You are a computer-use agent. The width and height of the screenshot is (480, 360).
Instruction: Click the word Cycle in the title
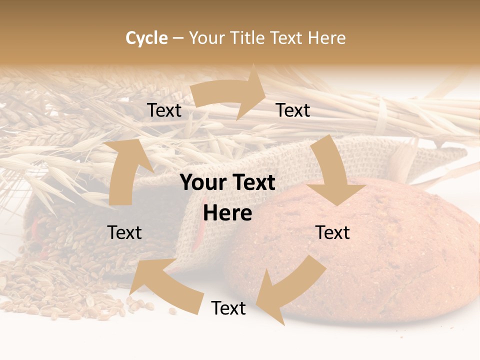coord(146,38)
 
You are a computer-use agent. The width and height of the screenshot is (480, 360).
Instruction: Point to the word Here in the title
coord(326,38)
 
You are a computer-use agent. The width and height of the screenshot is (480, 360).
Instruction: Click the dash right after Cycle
coord(178,38)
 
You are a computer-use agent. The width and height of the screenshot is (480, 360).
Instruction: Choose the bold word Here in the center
coord(227,213)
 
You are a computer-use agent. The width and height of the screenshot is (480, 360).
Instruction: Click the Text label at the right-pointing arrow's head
coord(293,110)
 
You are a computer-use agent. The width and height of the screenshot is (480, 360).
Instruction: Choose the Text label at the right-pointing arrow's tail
coord(164,110)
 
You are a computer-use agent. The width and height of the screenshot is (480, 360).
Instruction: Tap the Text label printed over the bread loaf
coord(332,232)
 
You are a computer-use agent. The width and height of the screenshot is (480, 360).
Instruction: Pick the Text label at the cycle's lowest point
coord(228,308)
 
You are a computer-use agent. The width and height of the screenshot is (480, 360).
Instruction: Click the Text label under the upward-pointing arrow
coord(124,232)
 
